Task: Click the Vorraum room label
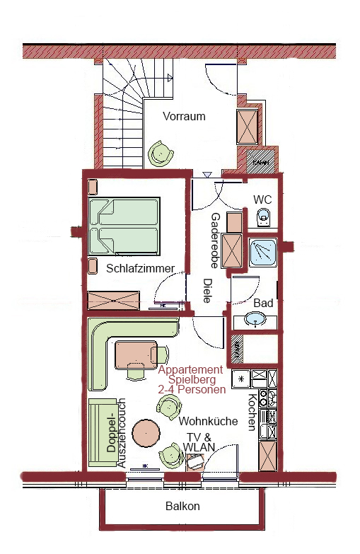pos(184,116)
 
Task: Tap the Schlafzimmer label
pos(141,268)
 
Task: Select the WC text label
pos(262,200)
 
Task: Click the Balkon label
pos(182,506)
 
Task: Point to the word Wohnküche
pos(208,421)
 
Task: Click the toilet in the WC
pos(263,217)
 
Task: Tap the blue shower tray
pos(263,253)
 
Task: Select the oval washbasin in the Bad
pos(255,319)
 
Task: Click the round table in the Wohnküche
pos(146,433)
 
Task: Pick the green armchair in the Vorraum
pos(161,154)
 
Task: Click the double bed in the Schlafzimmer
pos(124,226)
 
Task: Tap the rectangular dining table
pos(136,355)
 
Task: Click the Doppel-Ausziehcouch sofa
pos(103,433)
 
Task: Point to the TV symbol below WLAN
pos(195,462)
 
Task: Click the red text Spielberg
pos(192,380)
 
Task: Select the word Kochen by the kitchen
pos(252,412)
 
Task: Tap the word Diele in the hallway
pos(207,290)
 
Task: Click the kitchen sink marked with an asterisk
pos(241,379)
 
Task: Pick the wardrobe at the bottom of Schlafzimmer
pos(114,300)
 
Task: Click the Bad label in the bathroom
pos(263,303)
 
